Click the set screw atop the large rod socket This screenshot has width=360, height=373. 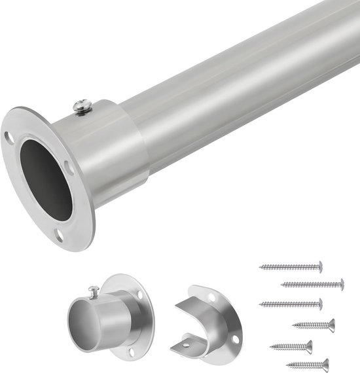(x=83, y=106)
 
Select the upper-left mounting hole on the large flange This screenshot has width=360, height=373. (x=9, y=138)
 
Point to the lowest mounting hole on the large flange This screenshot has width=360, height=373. (x=60, y=235)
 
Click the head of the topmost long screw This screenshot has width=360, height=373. (x=319, y=266)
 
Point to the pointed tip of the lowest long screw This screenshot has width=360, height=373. (x=261, y=304)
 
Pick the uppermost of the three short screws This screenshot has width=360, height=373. (x=314, y=325)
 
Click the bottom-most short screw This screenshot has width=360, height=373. (x=308, y=364)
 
